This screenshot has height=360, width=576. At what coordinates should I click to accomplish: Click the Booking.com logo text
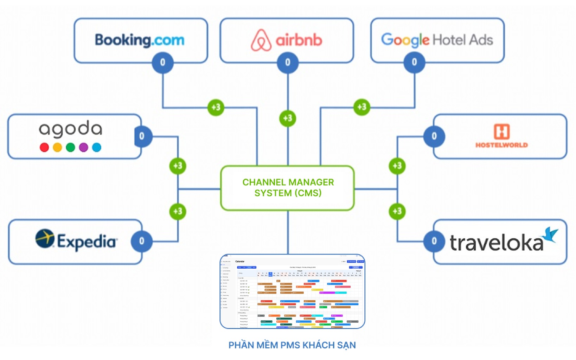[140, 40]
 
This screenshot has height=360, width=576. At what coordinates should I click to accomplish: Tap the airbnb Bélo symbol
[261, 40]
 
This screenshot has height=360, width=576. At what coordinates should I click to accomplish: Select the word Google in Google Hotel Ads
[405, 40]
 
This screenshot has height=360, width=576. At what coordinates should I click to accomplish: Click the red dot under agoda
[44, 147]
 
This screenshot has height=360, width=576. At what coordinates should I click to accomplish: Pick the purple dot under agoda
[84, 147]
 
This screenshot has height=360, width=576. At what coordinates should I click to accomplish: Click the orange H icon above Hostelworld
[501, 132]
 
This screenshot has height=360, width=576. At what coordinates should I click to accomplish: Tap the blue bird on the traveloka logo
[550, 234]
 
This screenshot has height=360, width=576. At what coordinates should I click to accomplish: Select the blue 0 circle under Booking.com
[162, 63]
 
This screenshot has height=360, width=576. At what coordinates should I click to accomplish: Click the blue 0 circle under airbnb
[288, 63]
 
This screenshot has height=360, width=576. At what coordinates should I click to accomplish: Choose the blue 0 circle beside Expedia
[141, 241]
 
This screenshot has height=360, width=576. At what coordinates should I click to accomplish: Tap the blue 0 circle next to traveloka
[434, 241]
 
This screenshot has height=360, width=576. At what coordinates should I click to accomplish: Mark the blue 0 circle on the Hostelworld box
[434, 136]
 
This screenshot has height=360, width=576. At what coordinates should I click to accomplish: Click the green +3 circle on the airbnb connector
[288, 118]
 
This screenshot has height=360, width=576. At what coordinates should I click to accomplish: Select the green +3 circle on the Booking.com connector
[216, 107]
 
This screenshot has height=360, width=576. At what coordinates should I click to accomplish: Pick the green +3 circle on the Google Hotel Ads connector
[362, 107]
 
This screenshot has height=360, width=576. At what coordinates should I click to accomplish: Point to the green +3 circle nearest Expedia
[178, 211]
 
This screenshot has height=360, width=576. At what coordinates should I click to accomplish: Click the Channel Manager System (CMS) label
[288, 188]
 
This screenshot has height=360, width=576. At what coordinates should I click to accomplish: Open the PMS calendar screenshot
[292, 291]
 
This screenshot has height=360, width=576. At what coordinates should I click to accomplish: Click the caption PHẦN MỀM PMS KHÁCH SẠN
[292, 345]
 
